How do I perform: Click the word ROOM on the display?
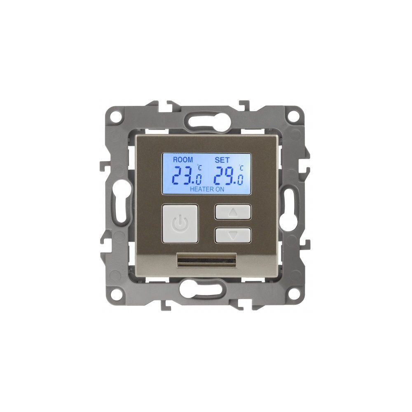(x=183, y=160)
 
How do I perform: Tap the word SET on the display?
(x=222, y=160)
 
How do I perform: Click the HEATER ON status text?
(x=207, y=189)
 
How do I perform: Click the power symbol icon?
(x=180, y=224)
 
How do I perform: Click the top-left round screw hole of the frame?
(x=115, y=116)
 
